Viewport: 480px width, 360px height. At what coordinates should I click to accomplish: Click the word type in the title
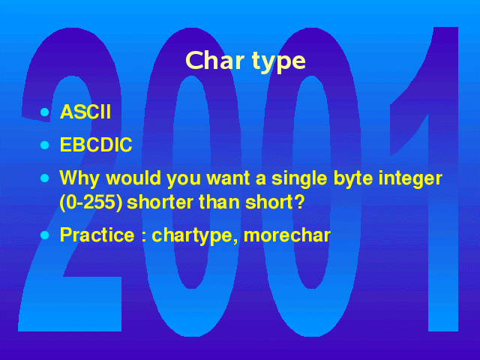point(279,63)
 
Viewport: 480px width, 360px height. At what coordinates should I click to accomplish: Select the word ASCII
point(85,112)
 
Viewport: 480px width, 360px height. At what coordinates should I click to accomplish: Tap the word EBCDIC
point(96,145)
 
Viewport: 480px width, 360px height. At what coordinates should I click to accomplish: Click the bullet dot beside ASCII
point(45,112)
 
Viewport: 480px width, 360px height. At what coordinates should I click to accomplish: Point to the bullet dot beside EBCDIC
point(45,145)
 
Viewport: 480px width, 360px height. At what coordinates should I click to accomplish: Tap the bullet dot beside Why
point(45,178)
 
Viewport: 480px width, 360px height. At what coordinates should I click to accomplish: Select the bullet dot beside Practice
point(45,235)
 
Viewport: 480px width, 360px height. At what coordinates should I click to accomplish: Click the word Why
point(79,178)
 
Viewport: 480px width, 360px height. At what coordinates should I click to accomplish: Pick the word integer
point(410,178)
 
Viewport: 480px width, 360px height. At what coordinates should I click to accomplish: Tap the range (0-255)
point(91,202)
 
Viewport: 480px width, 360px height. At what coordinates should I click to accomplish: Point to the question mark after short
point(300,202)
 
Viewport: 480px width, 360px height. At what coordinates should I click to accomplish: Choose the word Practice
point(97,235)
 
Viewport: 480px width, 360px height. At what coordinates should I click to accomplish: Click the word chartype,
point(195,236)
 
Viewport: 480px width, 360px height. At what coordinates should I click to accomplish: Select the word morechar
point(287,235)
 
